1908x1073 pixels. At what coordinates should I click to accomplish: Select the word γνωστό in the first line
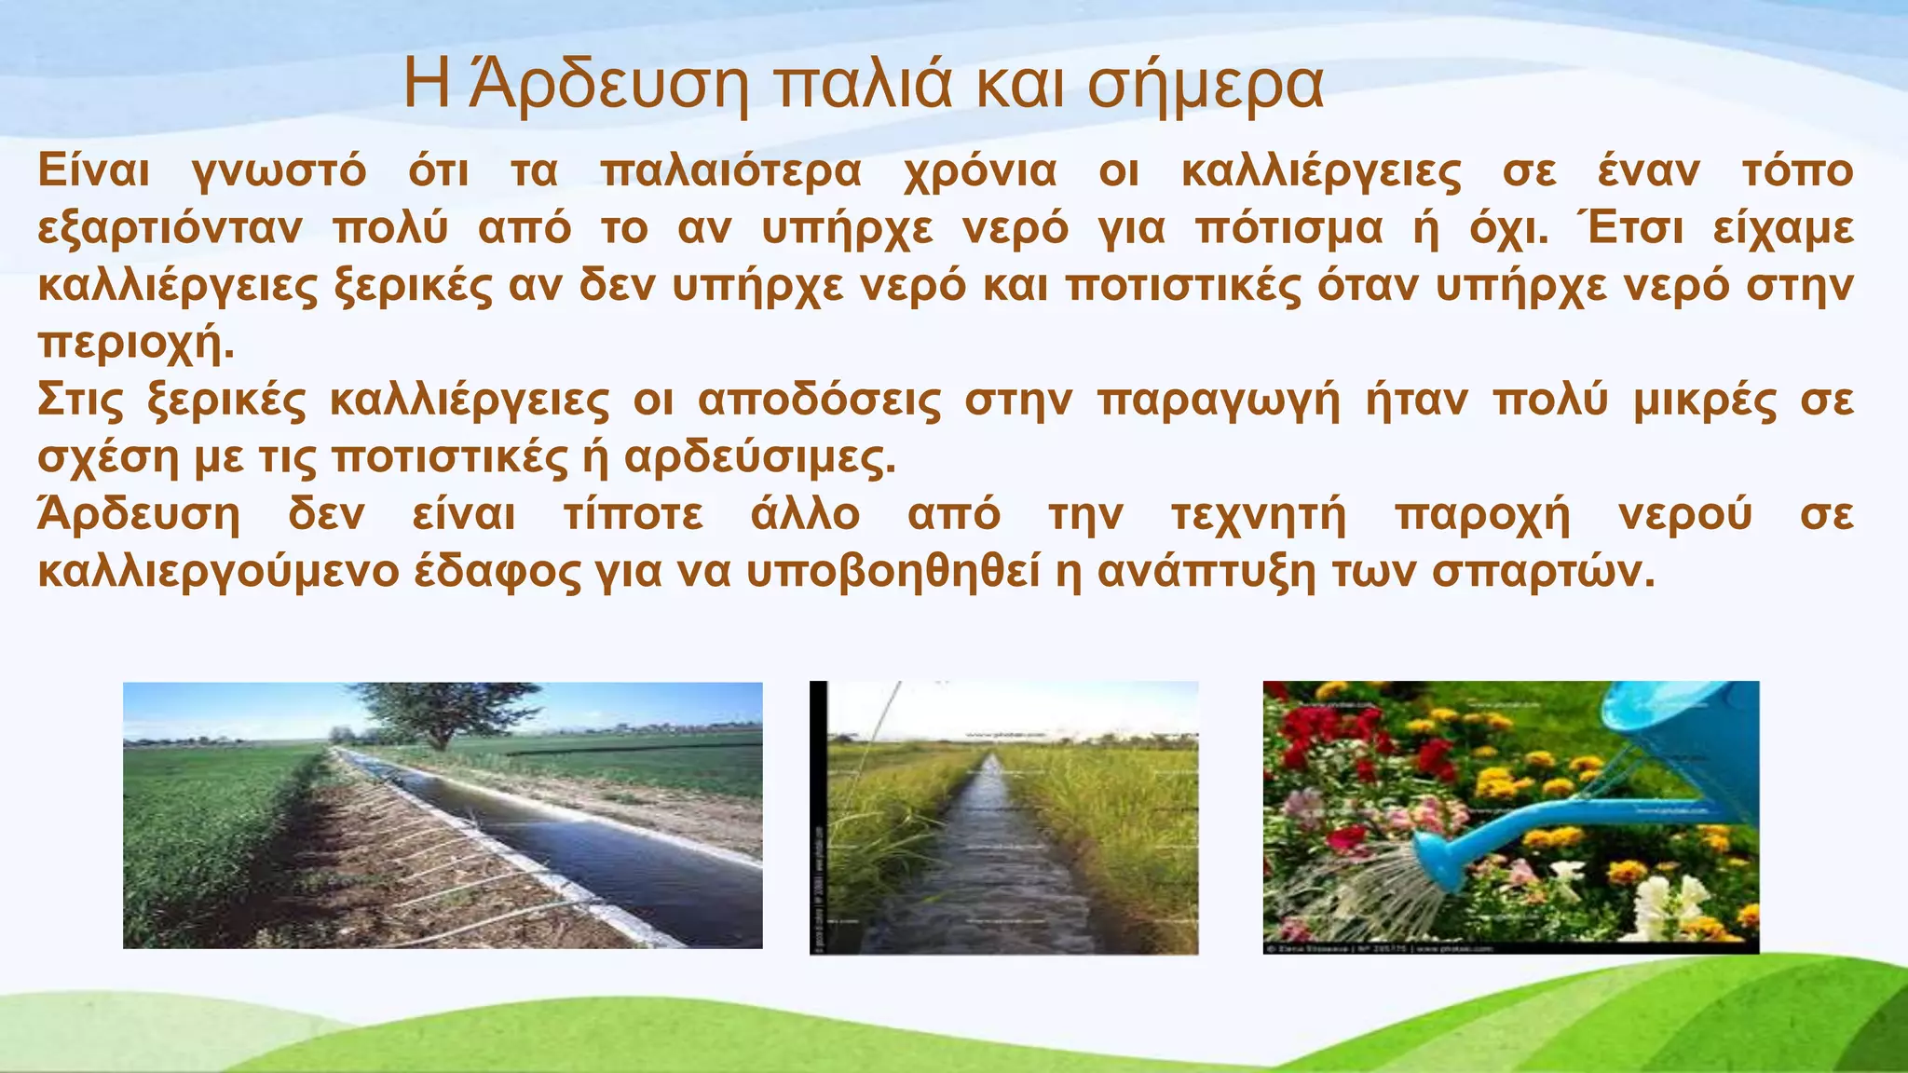[279, 172]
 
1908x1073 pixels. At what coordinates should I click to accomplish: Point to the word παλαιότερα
[731, 172]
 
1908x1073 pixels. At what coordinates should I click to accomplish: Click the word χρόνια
[980, 172]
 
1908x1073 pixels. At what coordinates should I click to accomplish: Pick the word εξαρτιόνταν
[170, 229]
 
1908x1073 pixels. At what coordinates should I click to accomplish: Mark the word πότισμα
[1288, 229]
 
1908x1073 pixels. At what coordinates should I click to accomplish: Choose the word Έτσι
[1629, 229]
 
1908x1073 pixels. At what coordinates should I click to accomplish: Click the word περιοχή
[134, 345]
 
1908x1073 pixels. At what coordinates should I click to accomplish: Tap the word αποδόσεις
[820, 401]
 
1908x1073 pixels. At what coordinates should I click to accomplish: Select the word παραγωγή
[1219, 401]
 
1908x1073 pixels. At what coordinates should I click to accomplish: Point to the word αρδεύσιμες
[758, 458]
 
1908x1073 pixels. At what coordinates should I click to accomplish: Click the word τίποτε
[633, 515]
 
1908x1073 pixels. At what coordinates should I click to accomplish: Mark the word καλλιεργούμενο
[218, 573]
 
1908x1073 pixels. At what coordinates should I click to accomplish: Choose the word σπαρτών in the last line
[1542, 573]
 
